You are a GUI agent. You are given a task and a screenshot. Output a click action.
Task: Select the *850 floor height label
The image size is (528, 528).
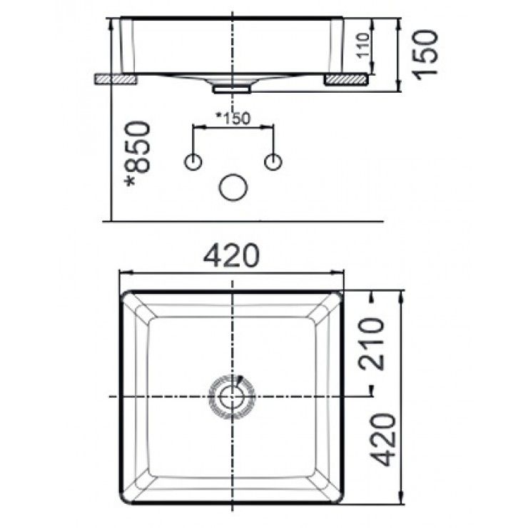coord(138,156)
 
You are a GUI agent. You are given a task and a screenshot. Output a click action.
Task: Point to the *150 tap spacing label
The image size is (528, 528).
coord(233,118)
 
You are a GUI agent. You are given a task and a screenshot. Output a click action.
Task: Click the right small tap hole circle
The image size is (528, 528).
coord(273,163)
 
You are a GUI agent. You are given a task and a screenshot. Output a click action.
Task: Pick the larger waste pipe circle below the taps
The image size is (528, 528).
coord(233,188)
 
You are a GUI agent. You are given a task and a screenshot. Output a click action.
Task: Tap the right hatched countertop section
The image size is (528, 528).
coord(347,78)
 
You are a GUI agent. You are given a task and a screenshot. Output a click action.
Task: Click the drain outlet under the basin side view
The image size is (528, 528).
coord(233,88)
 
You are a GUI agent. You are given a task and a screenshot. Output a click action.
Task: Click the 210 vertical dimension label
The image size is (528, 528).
coord(374,342)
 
